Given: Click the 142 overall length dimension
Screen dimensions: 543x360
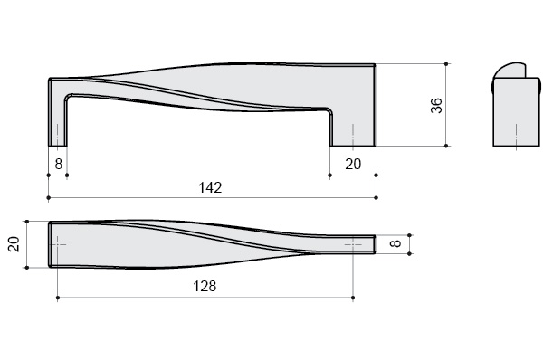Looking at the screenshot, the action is [x=210, y=187].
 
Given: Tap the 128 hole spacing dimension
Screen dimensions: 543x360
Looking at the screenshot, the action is [x=205, y=286].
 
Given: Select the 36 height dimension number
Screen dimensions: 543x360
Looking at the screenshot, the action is [x=436, y=106].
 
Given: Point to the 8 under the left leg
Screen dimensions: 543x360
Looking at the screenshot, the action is [x=59, y=164].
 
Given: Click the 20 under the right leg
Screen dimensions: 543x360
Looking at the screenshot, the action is [x=353, y=164].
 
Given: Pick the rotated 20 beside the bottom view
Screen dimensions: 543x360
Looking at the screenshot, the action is [x=14, y=244].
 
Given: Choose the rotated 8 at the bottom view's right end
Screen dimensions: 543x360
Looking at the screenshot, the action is [x=395, y=243].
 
